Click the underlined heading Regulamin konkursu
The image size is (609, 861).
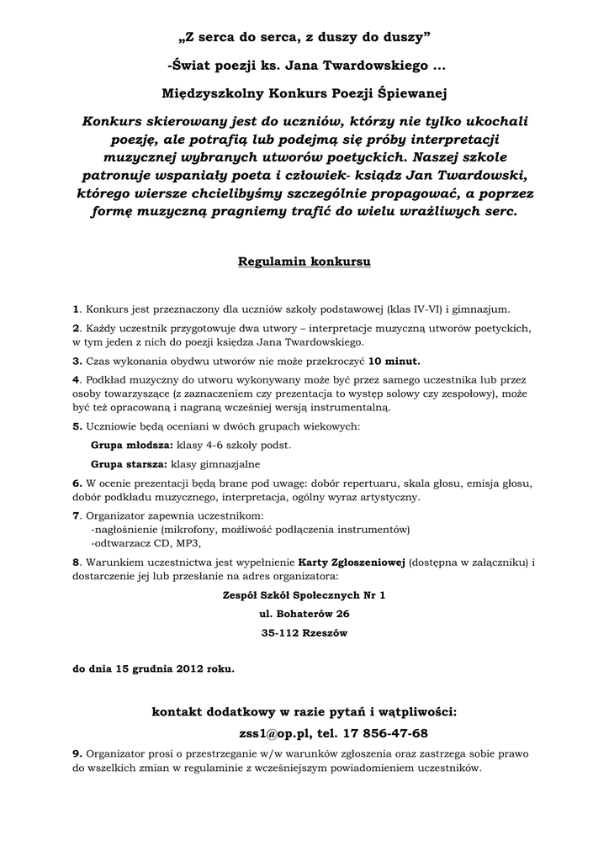point(304,261)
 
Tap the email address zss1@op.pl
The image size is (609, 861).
point(272,732)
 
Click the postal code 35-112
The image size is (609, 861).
point(279,632)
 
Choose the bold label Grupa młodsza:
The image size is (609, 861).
point(130,444)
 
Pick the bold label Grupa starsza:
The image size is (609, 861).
point(129,463)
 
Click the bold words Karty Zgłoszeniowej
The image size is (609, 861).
point(352,562)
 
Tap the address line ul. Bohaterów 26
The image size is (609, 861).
point(304,614)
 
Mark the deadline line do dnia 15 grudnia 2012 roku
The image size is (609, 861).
point(153,669)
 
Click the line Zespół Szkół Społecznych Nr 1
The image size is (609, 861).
point(304,594)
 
